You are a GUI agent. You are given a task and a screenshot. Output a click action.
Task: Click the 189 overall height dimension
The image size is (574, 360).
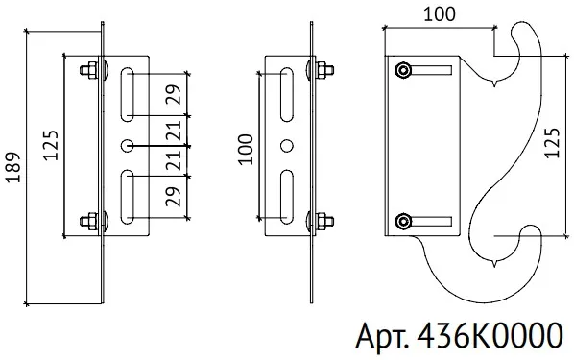coord(13,167)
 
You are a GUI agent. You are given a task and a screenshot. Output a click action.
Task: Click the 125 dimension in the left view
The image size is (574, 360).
coord(51,145)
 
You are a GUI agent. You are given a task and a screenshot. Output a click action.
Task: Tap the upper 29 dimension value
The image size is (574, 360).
coord(174,94)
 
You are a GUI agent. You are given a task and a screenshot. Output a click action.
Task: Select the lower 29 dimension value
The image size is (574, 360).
coord(174,196)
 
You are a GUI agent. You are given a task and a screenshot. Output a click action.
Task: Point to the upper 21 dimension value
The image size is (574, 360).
coord(175,131)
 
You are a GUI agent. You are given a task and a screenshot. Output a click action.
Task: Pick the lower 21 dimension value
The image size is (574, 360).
coord(175,160)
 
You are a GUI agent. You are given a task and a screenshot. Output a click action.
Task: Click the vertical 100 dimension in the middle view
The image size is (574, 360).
coord(246,150)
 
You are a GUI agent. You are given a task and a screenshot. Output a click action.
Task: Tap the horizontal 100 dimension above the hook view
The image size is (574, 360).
coord(440,14)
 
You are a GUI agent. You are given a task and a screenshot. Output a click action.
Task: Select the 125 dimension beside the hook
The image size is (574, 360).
coord(552,143)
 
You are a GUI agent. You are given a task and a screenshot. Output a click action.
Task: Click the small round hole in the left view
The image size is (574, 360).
coord(127,146)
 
